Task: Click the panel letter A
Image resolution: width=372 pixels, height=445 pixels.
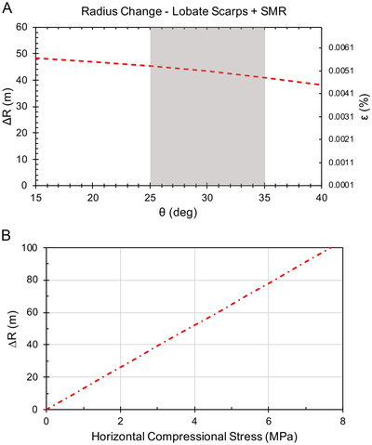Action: click(7, 8)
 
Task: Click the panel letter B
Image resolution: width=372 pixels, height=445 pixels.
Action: click(7, 235)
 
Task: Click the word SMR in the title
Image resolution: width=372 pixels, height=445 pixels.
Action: click(272, 11)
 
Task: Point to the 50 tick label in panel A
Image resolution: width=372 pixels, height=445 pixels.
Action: click(21, 54)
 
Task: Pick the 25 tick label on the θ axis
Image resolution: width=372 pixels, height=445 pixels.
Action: click(151, 197)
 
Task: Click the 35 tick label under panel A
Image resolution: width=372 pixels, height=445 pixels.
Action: click(265, 197)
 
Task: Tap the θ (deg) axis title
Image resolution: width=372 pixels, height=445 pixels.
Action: click(178, 213)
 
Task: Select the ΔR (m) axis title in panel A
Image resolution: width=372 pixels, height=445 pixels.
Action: click(7, 106)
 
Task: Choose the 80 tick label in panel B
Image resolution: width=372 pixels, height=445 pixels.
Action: click(32, 280)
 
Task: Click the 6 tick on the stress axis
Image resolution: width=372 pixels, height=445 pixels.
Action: click(269, 421)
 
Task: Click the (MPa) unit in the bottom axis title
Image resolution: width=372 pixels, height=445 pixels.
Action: click(281, 437)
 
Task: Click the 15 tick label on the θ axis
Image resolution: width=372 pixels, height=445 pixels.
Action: click(36, 197)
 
